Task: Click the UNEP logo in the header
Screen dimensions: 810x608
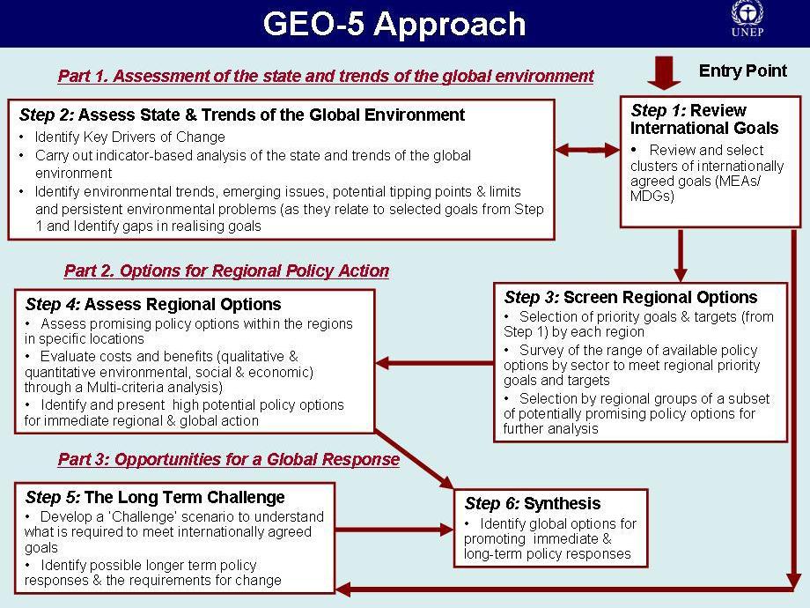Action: point(747,18)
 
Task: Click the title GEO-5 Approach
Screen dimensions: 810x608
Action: point(394,24)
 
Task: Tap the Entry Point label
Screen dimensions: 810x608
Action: point(742,70)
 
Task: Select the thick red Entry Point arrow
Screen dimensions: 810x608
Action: point(664,73)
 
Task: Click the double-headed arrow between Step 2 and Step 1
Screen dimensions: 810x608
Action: point(587,150)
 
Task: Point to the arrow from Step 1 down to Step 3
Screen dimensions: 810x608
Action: point(681,256)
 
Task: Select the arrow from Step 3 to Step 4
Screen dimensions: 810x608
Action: point(434,362)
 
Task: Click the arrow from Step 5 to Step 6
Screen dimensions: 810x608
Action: point(394,529)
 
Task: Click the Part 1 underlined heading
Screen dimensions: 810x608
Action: point(326,77)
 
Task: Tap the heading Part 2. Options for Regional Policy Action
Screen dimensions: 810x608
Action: point(226,271)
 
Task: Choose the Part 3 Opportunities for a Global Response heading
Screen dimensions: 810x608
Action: point(228,460)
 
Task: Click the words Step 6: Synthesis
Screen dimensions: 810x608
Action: point(532,503)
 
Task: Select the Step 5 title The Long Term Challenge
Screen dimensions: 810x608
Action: point(184,497)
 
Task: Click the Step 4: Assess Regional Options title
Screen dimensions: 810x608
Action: point(153,304)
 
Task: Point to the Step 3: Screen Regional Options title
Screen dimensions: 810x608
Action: point(630,297)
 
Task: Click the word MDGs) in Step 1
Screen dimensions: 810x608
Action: point(652,196)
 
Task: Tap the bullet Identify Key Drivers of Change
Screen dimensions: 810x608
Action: point(130,137)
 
